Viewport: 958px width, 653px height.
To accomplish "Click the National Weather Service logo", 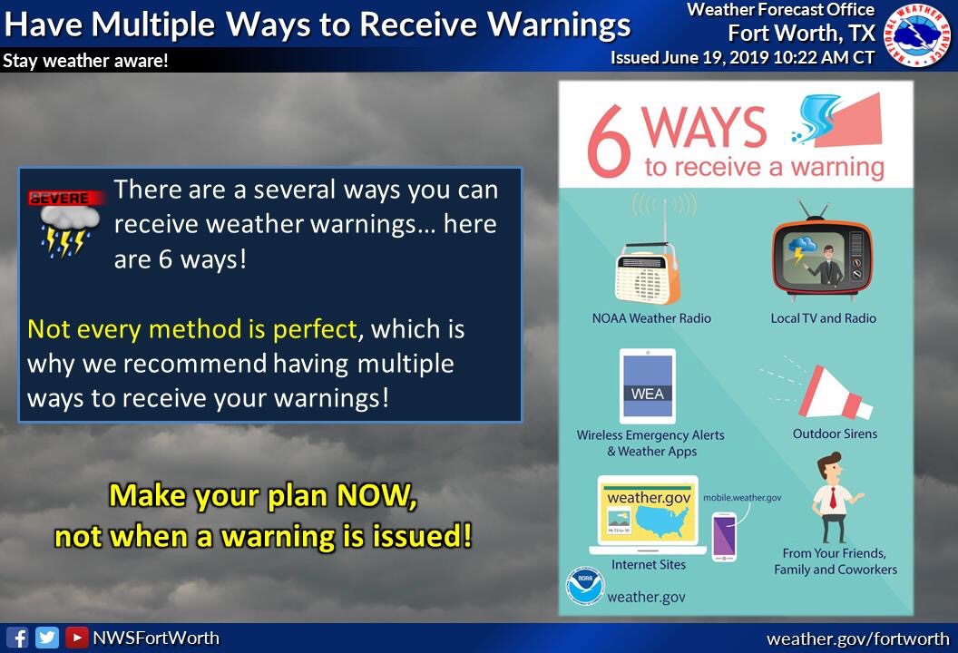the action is pyautogui.click(x=918, y=34).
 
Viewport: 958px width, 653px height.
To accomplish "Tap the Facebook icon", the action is pyautogui.click(x=17, y=638).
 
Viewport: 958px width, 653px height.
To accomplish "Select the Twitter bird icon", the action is pyautogui.click(x=46, y=638).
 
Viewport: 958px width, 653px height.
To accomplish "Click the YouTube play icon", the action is pyautogui.click(x=76, y=638).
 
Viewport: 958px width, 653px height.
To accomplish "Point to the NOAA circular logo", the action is pyautogui.click(x=585, y=586).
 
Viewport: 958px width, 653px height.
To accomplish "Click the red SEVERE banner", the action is pyautogui.click(x=64, y=198).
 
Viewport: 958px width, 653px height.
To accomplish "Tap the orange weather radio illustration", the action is pyautogui.click(x=648, y=274).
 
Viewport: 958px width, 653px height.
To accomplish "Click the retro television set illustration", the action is pyautogui.click(x=822, y=251).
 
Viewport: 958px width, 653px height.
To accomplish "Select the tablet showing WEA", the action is pyautogui.click(x=648, y=386).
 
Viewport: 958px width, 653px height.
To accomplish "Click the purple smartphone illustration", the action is pyautogui.click(x=724, y=537).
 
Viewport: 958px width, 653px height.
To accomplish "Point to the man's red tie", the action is pyautogui.click(x=832, y=499).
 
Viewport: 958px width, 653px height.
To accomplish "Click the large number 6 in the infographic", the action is pyautogui.click(x=609, y=141).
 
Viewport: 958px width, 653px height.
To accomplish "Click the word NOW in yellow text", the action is pyautogui.click(x=376, y=495).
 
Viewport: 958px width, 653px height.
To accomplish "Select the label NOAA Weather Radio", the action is pyautogui.click(x=651, y=318).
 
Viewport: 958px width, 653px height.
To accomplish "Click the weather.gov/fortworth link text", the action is pyautogui.click(x=858, y=639).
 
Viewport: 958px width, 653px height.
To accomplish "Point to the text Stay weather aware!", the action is pyautogui.click(x=85, y=61).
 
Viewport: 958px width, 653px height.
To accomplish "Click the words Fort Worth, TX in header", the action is pyautogui.click(x=802, y=33).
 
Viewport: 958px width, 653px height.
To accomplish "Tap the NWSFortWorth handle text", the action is pyautogui.click(x=156, y=638).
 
